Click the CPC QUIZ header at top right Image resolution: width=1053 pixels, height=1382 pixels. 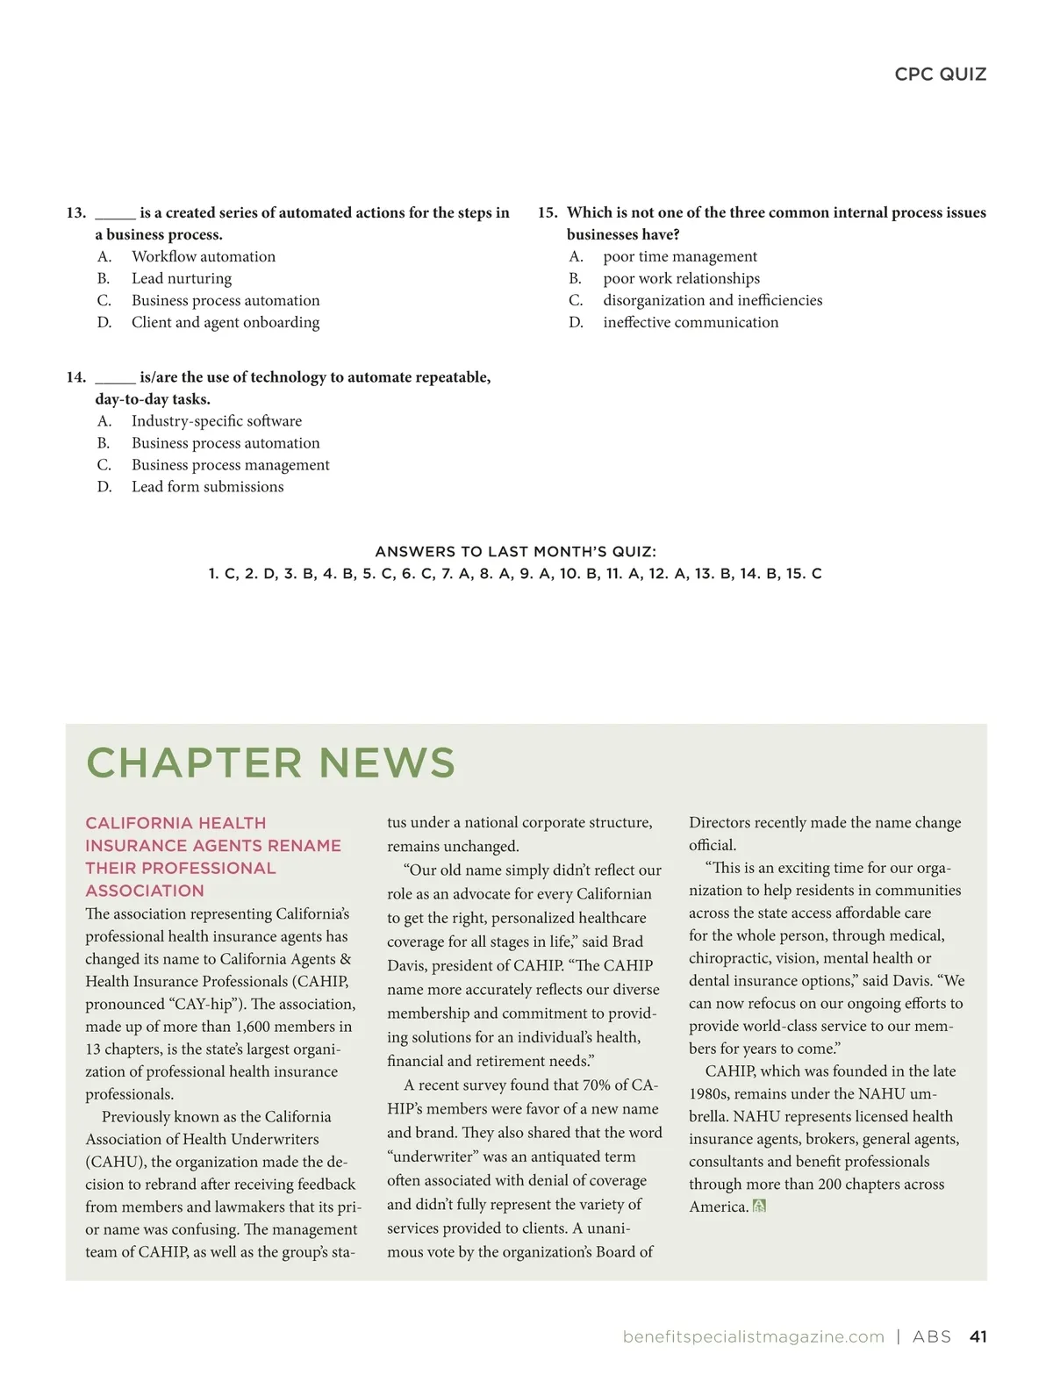(940, 75)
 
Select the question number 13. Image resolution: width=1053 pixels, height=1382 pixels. (75, 213)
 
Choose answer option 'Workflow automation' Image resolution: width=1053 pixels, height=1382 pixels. (204, 257)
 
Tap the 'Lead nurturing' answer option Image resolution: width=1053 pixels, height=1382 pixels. (182, 279)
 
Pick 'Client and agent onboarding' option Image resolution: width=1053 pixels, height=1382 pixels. (226, 323)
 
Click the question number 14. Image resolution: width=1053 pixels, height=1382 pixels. (75, 377)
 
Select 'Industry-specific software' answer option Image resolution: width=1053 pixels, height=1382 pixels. (217, 421)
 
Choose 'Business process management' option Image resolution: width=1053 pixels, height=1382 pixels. (231, 465)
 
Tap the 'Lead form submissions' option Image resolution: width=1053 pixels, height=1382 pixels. (208, 487)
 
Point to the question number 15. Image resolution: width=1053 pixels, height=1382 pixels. (548, 213)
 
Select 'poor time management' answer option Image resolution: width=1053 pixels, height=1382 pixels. (680, 257)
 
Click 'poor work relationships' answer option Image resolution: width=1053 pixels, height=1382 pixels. (682, 279)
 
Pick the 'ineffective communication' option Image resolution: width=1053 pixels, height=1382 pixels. (691, 323)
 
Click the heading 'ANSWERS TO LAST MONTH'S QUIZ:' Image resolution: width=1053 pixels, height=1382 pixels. (515, 552)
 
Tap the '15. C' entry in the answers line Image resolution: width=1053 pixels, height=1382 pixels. (804, 574)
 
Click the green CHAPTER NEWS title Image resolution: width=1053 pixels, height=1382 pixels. (270, 763)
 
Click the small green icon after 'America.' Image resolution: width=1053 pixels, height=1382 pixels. (760, 1207)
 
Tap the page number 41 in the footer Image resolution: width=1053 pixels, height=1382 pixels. (978, 1337)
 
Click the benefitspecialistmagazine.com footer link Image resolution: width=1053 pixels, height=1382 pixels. (753, 1337)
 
